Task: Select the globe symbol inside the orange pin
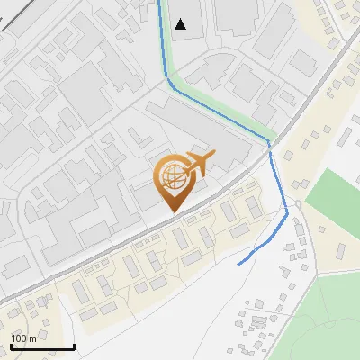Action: click(171, 175)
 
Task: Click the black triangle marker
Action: click(182, 24)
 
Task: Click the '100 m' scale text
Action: click(24, 338)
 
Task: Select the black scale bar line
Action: click(42, 346)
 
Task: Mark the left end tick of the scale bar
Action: click(12, 345)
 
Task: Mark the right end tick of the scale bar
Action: click(74, 345)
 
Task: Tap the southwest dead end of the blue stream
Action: click(238, 265)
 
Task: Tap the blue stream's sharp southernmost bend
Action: click(287, 213)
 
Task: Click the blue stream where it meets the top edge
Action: click(160, 3)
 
